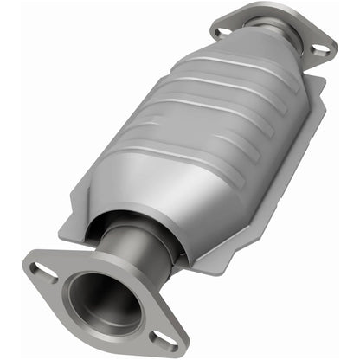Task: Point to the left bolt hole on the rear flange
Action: click(224, 31)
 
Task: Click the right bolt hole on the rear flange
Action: click(320, 49)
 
